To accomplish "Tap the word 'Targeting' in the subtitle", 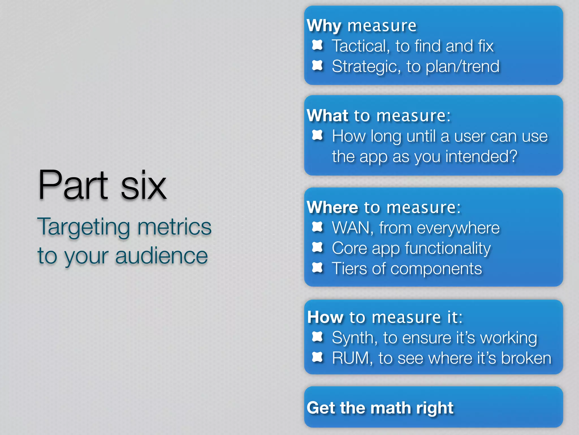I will point(84,227).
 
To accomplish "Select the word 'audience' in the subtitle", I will point(161,256).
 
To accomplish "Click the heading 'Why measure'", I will point(362,26).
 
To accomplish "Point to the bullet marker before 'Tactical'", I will point(317,45).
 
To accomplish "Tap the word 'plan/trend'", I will point(463,67).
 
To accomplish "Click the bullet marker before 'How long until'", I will point(317,135).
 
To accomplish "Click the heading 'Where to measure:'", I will point(384,207).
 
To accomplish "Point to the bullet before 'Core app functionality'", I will point(317,247).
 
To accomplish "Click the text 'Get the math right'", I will point(380,408).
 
